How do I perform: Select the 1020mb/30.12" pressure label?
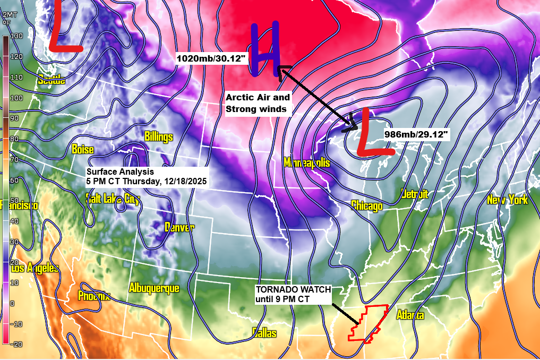(212, 59)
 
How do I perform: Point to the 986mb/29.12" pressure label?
(417, 136)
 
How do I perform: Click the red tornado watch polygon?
(367, 323)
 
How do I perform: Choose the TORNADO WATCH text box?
(293, 294)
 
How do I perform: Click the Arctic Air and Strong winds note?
(258, 104)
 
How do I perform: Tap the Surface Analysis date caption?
(147, 177)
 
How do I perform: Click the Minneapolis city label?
(306, 162)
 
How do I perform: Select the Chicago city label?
(366, 205)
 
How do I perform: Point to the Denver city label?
(179, 227)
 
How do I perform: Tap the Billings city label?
(158, 137)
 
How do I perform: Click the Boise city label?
(82, 149)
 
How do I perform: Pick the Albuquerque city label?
(154, 288)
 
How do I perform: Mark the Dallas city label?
(264, 333)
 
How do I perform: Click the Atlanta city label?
(410, 315)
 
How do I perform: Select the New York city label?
(507, 200)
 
